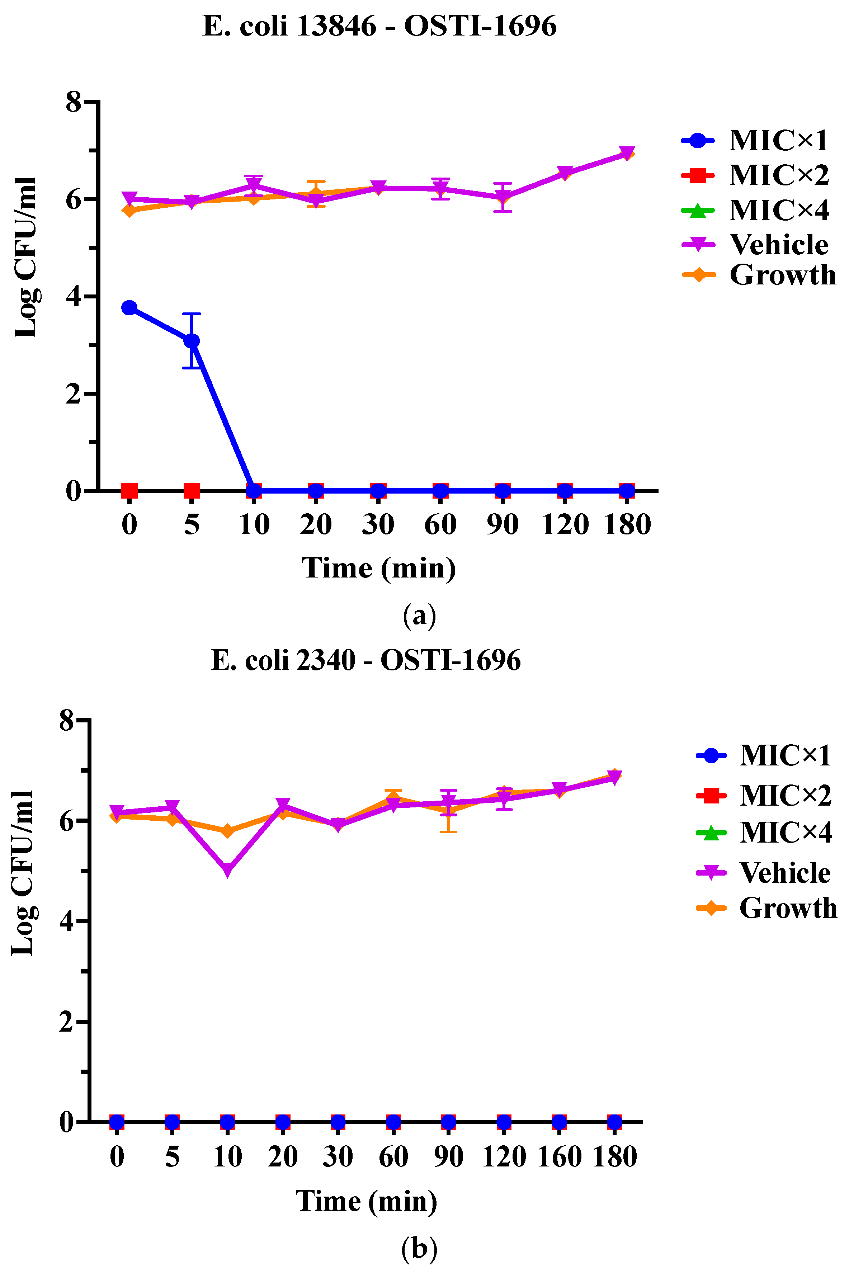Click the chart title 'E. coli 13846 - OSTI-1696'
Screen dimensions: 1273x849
click(379, 25)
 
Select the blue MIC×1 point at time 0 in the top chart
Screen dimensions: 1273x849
click(129, 307)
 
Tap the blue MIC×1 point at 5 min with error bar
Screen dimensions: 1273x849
click(192, 341)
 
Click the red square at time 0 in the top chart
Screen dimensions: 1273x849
click(129, 491)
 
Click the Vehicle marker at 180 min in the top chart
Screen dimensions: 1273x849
click(627, 153)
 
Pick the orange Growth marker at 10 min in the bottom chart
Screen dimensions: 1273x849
click(227, 831)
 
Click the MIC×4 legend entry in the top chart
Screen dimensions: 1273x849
click(755, 210)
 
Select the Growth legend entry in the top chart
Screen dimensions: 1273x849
click(758, 275)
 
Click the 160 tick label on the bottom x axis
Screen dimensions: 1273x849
click(559, 1157)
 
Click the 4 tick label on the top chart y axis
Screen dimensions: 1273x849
click(74, 296)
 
